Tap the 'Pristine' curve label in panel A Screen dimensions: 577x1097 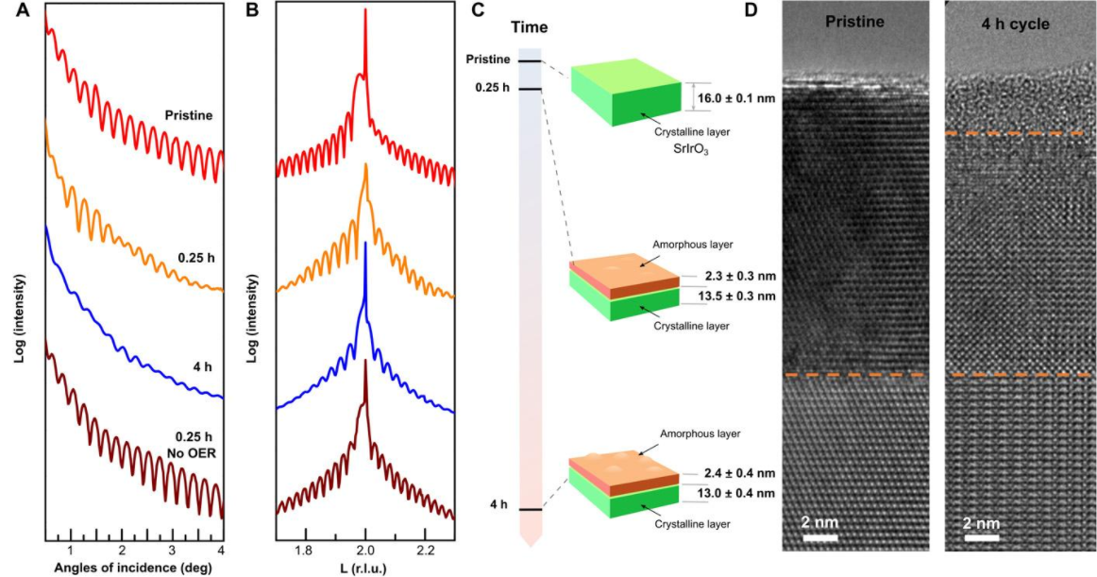point(187,115)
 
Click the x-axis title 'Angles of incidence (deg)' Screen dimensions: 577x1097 point(133,568)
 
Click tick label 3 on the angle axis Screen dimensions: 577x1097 point(171,549)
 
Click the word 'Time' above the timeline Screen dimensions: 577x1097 point(530,27)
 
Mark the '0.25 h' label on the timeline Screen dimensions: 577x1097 point(494,90)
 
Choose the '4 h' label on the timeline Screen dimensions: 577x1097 point(498,505)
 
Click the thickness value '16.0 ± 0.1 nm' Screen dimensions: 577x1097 point(736,97)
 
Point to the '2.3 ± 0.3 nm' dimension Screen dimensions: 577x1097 point(739,277)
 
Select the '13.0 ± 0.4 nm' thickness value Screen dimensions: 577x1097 point(739,493)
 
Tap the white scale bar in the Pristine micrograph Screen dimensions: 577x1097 point(819,538)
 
